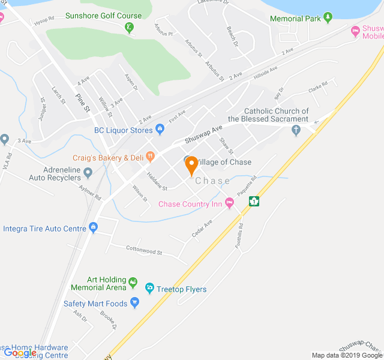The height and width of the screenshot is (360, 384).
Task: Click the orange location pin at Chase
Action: pyautogui.click(x=191, y=164)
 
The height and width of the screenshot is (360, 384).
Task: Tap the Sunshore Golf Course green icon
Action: pyautogui.click(x=130, y=28)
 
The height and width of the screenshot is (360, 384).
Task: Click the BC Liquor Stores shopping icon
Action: pyautogui.click(x=160, y=130)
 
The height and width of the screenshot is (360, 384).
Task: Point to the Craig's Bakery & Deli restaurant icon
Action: pyautogui.click(x=149, y=157)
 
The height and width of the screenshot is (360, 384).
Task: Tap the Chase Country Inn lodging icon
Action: pyautogui.click(x=229, y=204)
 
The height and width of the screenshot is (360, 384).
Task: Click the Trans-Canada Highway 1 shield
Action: pyautogui.click(x=254, y=201)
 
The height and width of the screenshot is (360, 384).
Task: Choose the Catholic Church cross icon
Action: pyautogui.click(x=295, y=130)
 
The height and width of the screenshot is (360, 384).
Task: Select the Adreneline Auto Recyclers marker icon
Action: pyautogui.click(x=88, y=173)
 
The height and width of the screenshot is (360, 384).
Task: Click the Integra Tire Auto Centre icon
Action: pyautogui.click(x=93, y=228)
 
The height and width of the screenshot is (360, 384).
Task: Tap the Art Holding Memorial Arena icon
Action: pyautogui.click(x=133, y=281)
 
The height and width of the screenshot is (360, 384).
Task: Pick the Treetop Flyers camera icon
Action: pyautogui.click(x=149, y=289)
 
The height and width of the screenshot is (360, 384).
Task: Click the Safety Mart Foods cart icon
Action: pyautogui.click(x=134, y=304)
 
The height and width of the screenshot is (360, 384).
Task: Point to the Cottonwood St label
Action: pyautogui.click(x=144, y=250)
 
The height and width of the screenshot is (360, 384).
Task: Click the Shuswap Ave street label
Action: pyautogui.click(x=203, y=133)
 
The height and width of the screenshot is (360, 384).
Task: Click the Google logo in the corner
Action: pyautogui.click(x=19, y=353)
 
